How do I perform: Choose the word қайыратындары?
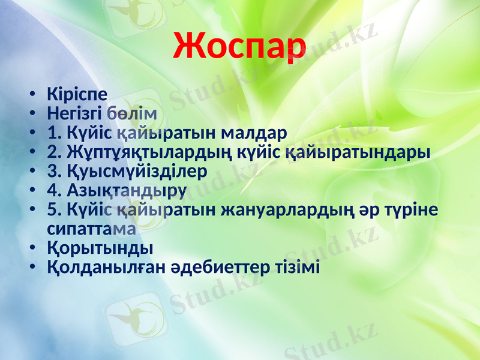click(356, 151)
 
